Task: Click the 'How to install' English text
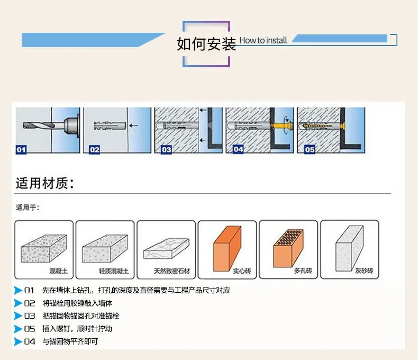[263, 40]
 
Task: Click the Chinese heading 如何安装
[206, 44]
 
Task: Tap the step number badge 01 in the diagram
[21, 150]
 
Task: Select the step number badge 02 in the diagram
[94, 150]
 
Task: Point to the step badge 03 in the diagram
[166, 150]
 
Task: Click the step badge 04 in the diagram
[238, 149]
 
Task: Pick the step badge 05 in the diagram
[310, 150]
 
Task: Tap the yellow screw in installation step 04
[278, 127]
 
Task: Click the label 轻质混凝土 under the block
[114, 271]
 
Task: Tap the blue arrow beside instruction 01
[19, 290]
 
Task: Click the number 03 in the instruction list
[30, 316]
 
